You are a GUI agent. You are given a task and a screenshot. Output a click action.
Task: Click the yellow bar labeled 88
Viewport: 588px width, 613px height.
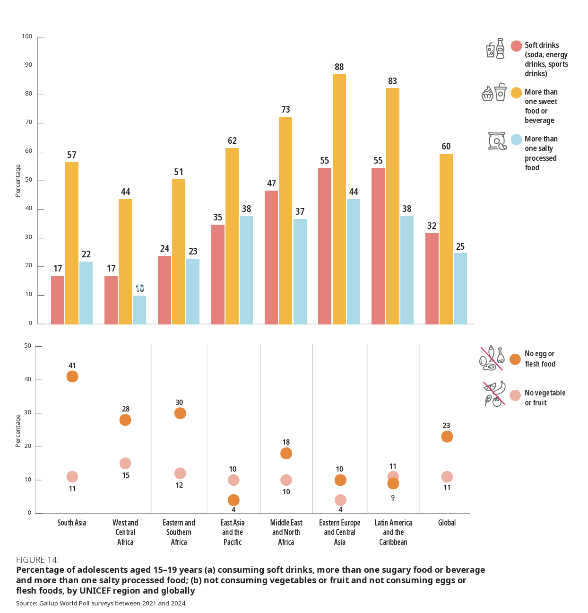tap(339, 199)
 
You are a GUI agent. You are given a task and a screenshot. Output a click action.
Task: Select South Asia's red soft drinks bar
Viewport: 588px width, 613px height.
tap(58, 300)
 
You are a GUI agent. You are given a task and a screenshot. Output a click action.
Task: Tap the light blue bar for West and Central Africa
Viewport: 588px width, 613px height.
tap(139, 310)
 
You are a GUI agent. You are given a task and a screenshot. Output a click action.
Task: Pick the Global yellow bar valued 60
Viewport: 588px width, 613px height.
tap(446, 239)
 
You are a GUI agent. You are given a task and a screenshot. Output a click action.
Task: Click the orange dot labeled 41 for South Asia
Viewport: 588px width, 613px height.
tap(72, 377)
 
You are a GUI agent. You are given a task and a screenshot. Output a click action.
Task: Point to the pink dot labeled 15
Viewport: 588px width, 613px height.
tap(125, 464)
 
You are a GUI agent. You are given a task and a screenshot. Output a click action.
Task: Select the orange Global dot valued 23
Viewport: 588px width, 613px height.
tap(447, 437)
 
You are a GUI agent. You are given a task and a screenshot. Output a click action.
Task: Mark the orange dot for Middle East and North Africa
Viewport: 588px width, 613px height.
tap(286, 453)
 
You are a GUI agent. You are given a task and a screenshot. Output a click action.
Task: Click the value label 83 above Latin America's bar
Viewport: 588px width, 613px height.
tap(392, 81)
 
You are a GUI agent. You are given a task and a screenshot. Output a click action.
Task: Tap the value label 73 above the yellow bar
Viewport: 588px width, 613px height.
tap(285, 110)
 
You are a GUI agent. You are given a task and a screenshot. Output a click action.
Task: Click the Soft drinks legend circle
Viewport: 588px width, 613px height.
tap(516, 46)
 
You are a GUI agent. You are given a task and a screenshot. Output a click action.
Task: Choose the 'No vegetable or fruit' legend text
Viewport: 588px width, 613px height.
tap(545, 398)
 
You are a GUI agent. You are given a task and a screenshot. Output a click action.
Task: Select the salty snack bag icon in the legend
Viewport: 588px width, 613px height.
tap(497, 141)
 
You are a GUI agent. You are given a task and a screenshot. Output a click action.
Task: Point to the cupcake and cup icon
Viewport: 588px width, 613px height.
tap(494, 93)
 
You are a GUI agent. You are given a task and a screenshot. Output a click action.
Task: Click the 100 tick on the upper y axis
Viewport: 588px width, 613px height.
tap(27, 36)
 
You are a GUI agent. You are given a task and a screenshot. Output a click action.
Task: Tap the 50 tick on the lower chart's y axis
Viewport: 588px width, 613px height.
tap(28, 346)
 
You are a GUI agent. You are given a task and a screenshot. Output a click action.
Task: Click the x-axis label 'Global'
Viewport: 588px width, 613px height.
tap(447, 523)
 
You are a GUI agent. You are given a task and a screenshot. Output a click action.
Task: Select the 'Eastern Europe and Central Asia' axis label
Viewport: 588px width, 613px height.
tap(339, 532)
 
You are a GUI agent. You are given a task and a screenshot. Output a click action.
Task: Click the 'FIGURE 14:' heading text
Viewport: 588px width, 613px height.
tap(37, 560)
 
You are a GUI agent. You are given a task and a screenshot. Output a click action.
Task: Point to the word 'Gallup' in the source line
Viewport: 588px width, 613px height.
tap(49, 604)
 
